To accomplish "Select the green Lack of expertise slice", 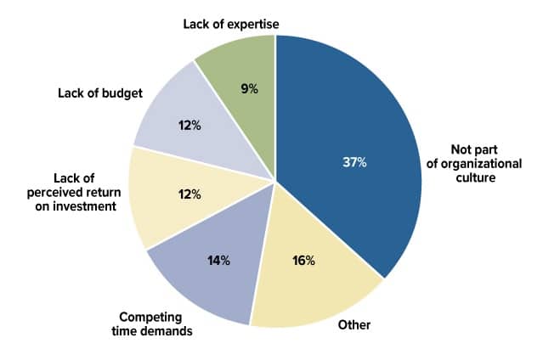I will (x=242, y=68).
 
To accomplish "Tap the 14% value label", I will (x=218, y=260).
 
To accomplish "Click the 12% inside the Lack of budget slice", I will (x=189, y=126).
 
